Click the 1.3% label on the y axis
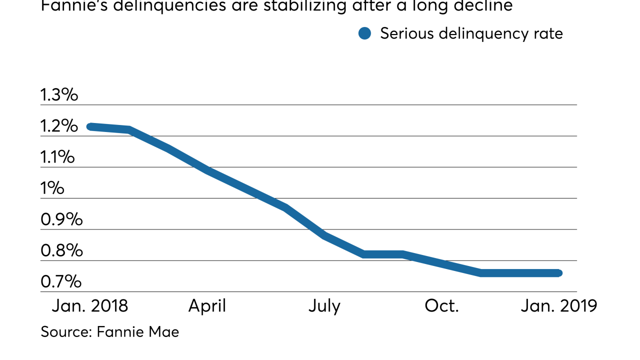pyautogui.click(x=59, y=95)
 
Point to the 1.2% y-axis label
pyautogui.click(x=59, y=126)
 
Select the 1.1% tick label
pyautogui.click(x=57, y=157)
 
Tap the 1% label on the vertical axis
pyautogui.click(x=52, y=188)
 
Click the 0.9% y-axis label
pyautogui.click(x=61, y=219)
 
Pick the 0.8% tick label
pyautogui.click(x=61, y=251)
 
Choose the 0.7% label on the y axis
pyautogui.click(x=60, y=282)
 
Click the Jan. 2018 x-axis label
pyautogui.click(x=90, y=305)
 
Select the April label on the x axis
pyautogui.click(x=207, y=305)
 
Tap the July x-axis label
pyautogui.click(x=324, y=305)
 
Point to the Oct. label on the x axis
pyautogui.click(x=441, y=305)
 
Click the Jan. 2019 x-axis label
pyautogui.click(x=558, y=305)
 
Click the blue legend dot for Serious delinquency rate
pyautogui.click(x=365, y=34)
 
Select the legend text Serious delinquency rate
pyautogui.click(x=471, y=34)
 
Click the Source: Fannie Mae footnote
pyautogui.click(x=109, y=331)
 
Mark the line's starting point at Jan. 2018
pyautogui.click(x=90, y=126)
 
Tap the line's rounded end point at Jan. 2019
pyautogui.click(x=559, y=273)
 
